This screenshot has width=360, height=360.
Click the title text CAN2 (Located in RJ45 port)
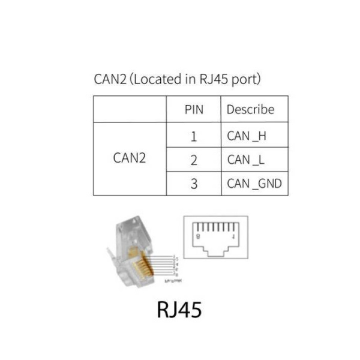177,79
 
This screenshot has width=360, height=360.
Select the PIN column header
193,110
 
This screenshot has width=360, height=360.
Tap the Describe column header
250,110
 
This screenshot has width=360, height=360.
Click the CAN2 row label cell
129,159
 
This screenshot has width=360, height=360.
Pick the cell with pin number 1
193,136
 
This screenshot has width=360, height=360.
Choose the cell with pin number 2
193,160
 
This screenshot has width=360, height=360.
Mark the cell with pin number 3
193,184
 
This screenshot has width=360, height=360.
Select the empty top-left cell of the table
129,110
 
